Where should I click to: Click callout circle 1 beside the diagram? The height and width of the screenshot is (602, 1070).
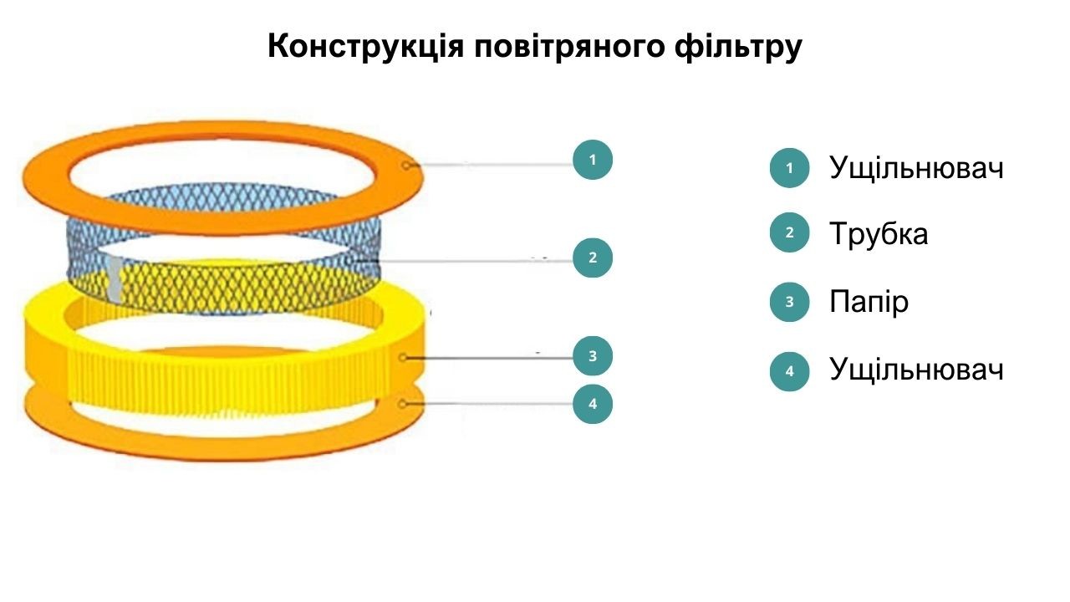point(593,160)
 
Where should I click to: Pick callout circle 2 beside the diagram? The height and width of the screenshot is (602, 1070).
point(593,258)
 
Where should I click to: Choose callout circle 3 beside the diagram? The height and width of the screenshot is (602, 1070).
point(593,356)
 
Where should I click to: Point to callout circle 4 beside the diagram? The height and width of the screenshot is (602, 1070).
point(593,404)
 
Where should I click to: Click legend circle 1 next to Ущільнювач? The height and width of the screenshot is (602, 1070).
point(789,168)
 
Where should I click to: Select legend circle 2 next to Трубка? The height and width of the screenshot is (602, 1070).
point(789,232)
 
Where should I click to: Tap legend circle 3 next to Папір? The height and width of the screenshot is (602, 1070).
point(789,302)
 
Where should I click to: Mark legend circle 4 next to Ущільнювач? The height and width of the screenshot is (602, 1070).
point(789,371)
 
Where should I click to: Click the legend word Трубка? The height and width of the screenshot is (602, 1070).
point(879,234)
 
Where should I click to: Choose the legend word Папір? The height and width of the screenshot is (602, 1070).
point(869,302)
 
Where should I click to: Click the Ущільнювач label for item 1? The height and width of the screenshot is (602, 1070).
point(916,168)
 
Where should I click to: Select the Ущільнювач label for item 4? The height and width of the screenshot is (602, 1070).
point(916,370)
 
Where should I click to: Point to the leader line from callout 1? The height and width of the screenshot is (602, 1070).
point(491,165)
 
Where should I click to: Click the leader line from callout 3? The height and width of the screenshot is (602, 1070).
point(489,358)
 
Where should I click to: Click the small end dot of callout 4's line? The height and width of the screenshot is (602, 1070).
point(402,404)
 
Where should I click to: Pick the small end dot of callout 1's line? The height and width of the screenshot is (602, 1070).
point(406,166)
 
